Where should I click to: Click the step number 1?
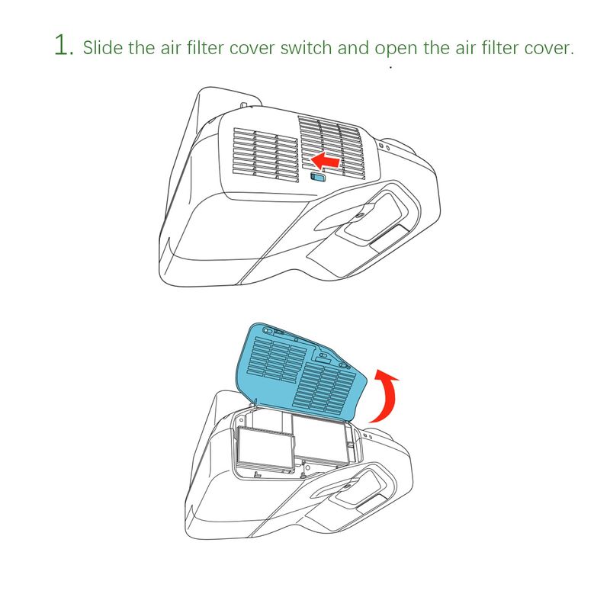[63, 45]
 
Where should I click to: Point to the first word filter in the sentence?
[204, 47]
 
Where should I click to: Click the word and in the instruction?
[353, 47]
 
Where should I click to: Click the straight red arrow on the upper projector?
[326, 161]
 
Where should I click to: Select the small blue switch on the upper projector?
[318, 178]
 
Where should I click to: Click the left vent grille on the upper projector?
[265, 156]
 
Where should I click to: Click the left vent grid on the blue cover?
[278, 359]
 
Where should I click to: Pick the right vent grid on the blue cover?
[325, 388]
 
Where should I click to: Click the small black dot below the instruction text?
[390, 67]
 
